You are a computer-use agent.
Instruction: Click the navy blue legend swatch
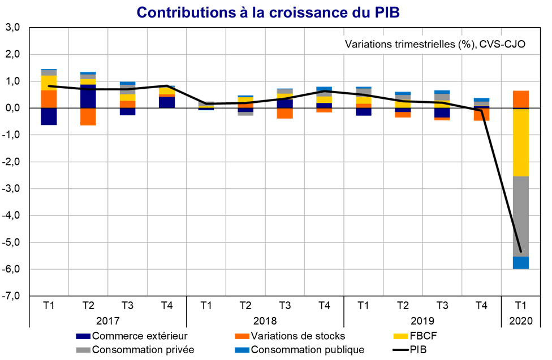(x=83, y=337)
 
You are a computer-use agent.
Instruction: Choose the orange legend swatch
(x=242, y=337)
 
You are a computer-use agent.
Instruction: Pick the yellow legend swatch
(x=400, y=337)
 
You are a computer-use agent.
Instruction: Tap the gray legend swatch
(x=83, y=350)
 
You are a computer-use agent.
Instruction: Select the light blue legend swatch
(x=242, y=350)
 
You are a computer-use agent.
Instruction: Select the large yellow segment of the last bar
(x=521, y=142)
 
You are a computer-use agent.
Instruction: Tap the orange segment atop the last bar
(x=521, y=99)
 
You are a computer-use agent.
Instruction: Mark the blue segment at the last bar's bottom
(x=521, y=263)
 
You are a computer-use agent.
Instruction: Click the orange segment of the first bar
(x=49, y=99)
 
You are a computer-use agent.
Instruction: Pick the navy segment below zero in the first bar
(x=49, y=116)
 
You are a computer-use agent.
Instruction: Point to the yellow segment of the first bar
(x=49, y=83)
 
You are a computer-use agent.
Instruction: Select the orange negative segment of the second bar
(x=88, y=117)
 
